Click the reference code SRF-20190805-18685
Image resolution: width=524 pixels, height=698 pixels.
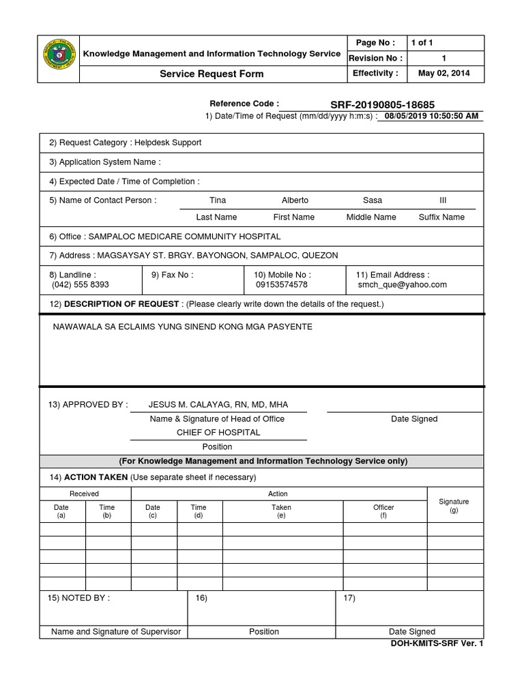click(382, 104)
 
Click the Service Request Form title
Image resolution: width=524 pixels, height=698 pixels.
click(212, 74)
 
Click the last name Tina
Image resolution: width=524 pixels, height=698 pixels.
click(218, 200)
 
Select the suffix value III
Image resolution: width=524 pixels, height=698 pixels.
click(442, 200)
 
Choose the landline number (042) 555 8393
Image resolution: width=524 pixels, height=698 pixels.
click(80, 285)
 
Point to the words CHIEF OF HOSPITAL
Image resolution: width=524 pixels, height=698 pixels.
click(218, 432)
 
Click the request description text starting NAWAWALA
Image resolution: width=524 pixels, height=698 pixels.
click(183, 327)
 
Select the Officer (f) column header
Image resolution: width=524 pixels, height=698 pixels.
click(383, 511)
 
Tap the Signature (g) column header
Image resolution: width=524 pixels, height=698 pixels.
click(454, 506)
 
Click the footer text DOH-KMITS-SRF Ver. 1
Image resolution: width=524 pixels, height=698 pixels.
click(436, 643)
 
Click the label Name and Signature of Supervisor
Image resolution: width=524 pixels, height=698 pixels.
click(116, 632)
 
